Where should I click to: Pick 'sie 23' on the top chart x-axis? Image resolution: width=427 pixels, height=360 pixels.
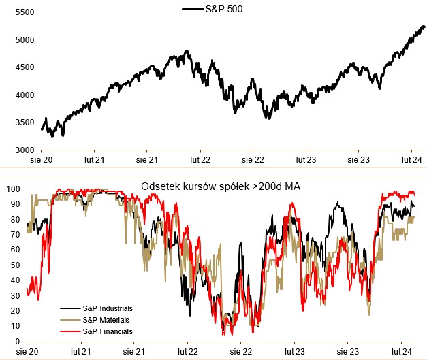pyautogui.click(x=360, y=159)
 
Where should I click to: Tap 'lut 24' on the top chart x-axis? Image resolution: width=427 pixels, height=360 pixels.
pyautogui.click(x=411, y=159)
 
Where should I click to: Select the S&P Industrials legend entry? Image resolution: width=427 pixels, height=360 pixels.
pyautogui.click(x=107, y=308)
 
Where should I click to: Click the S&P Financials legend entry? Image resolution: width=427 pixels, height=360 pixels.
pyautogui.click(x=107, y=331)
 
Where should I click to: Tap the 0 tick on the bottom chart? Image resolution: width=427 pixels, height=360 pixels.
pyautogui.click(x=18, y=342)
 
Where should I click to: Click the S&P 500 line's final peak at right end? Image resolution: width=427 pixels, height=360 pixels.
pyautogui.click(x=423, y=27)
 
